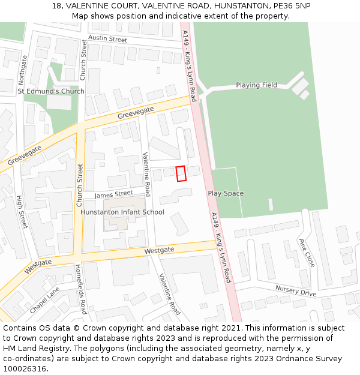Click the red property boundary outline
pyautogui.click(x=181, y=173)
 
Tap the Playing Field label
pyautogui.click(x=256, y=85)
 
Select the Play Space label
pyautogui.click(x=226, y=193)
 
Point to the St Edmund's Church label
pyautogui.click(x=51, y=91)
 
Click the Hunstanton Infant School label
pyautogui.click(x=122, y=212)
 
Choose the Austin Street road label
pyautogui.click(x=107, y=39)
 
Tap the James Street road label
pyautogui.click(x=113, y=194)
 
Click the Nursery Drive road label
pyautogui.click(x=295, y=290)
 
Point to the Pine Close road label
pyautogui.click(x=307, y=253)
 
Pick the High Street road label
pyautogui.click(x=22, y=212)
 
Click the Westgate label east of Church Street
pyautogui.click(x=159, y=250)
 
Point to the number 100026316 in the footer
pyautogui.click(x=25, y=369)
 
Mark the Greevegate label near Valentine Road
pyautogui.click(x=135, y=112)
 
